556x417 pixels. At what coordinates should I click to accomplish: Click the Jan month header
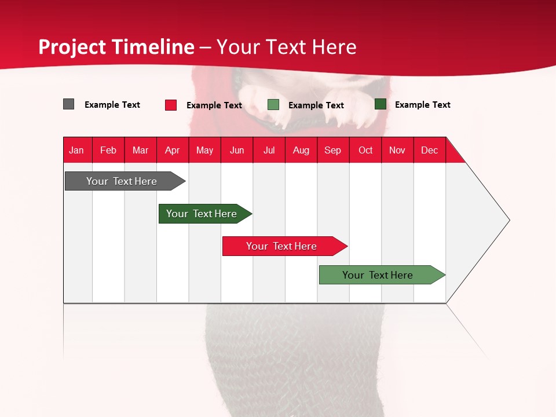tap(76, 150)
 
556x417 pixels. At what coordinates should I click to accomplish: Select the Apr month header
tap(172, 150)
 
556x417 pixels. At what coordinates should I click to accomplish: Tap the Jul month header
tap(269, 150)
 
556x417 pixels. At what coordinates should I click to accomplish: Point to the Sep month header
tap(332, 150)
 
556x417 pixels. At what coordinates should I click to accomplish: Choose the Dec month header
tap(429, 150)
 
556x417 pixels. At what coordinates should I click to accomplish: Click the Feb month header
tap(108, 150)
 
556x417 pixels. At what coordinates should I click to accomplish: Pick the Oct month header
tap(365, 150)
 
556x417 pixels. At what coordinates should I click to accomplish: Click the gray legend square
tap(69, 104)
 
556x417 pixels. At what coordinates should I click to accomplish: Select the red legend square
tap(171, 105)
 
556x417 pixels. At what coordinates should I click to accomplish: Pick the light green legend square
tap(273, 105)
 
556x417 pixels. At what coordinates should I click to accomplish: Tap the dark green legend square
tap(381, 104)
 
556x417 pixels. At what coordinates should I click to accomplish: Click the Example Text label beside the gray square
tap(112, 105)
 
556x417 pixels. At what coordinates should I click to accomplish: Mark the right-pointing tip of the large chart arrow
tap(508, 220)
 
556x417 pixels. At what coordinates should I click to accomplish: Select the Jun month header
tap(237, 150)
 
